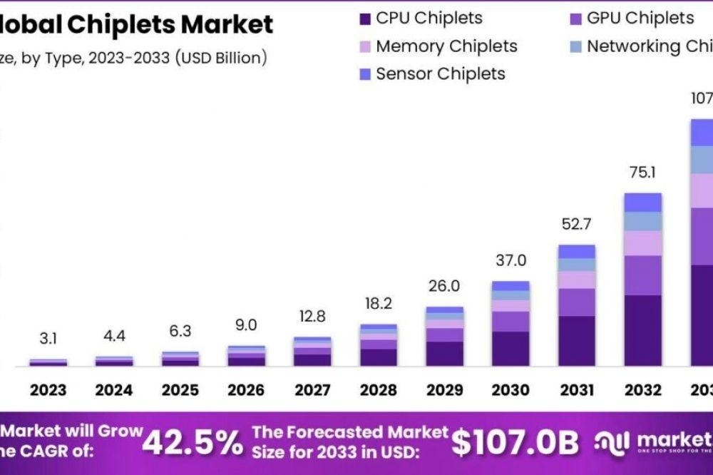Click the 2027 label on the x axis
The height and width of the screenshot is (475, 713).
(312, 390)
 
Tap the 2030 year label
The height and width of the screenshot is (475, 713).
(511, 390)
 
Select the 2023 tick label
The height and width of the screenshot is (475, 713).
(48, 390)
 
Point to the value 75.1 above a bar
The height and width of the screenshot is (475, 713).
(642, 173)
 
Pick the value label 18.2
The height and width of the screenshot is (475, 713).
(378, 303)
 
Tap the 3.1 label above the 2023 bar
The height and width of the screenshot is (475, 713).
(48, 338)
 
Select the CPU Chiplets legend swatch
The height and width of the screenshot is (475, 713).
(365, 19)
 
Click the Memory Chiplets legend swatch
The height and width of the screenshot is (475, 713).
(365, 46)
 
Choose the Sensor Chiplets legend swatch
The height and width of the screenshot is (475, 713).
(365, 73)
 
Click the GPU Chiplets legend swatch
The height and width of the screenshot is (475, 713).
(576, 19)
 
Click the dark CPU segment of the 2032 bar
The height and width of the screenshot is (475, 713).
(642, 330)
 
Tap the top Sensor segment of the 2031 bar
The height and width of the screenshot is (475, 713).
(576, 251)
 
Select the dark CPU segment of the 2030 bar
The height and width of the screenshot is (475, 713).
(511, 348)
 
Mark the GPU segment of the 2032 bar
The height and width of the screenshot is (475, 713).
(642, 275)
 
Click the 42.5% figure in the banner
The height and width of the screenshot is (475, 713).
(193, 443)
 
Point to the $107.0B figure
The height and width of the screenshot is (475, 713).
(515, 443)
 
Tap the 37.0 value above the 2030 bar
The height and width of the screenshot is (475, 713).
(511, 261)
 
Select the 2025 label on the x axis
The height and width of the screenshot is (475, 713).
(180, 390)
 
